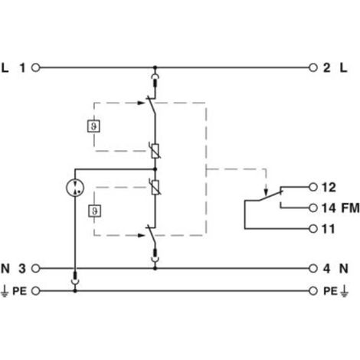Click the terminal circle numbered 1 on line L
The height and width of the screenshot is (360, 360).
point(36,68)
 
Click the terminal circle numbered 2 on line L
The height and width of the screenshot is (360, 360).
point(313,68)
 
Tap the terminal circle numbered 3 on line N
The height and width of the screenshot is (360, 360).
point(36,268)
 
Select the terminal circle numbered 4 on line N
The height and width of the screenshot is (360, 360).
point(313,268)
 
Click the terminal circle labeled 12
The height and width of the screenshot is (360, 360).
point(313,187)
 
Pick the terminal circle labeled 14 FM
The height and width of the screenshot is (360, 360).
point(313,208)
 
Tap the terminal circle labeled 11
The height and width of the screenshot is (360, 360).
point(313,228)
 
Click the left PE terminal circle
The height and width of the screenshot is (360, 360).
point(36,291)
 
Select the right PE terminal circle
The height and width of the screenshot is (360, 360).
point(313,291)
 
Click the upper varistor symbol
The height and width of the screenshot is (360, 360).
point(155,151)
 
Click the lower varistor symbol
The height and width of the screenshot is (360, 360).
point(155,187)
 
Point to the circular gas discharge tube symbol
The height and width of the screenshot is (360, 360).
point(75,188)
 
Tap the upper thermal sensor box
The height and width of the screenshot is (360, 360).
point(93,126)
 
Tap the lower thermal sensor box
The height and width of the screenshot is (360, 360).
point(94,211)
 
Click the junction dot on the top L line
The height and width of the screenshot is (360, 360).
point(155,68)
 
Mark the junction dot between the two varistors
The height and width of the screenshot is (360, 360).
point(155,169)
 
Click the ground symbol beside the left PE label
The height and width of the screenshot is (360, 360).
point(5,291)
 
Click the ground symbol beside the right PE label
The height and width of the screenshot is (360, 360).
point(344,291)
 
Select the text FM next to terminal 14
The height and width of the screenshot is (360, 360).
point(350,208)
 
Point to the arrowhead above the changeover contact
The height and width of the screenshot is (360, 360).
point(267,192)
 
